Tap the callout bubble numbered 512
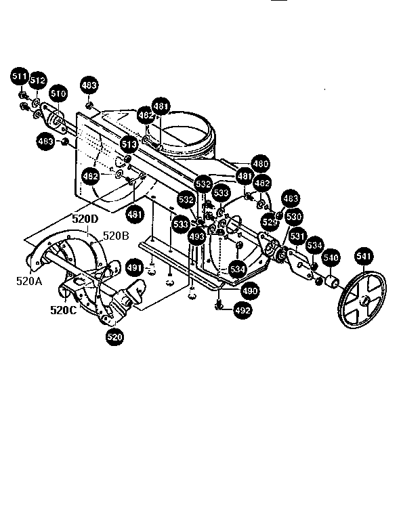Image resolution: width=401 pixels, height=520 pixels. [37, 81]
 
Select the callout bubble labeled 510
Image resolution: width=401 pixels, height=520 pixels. [58, 93]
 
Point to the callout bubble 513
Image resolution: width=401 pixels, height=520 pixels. [129, 144]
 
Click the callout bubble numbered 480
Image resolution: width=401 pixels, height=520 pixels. [260, 164]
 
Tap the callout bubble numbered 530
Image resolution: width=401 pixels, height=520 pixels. [293, 217]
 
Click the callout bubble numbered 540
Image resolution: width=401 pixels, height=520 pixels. [330, 258]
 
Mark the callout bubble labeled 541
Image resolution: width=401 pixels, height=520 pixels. [364, 256]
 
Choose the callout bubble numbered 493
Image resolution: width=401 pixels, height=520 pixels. [196, 236]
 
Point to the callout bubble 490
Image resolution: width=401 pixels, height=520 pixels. [250, 290]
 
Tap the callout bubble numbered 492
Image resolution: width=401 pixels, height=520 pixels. [242, 311]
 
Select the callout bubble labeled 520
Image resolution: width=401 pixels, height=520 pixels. [115, 337]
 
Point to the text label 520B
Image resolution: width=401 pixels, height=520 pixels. [115, 236]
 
